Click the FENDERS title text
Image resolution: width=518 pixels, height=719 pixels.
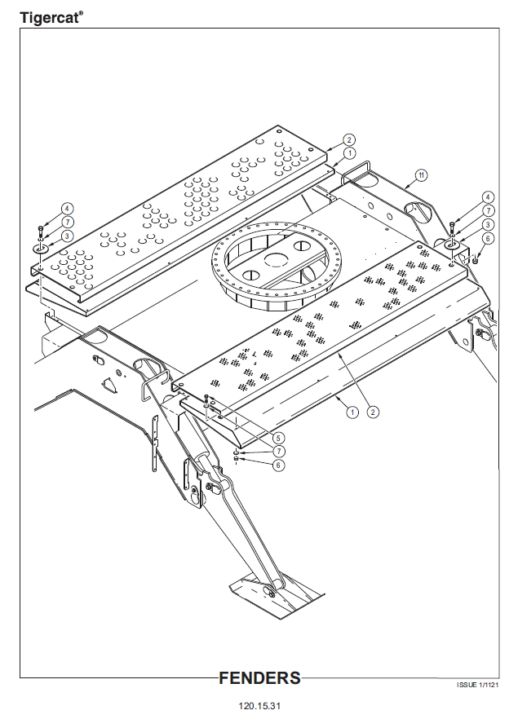[x=259, y=678]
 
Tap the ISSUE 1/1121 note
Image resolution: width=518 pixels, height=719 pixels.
[x=477, y=686]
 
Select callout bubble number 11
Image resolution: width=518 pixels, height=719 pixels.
[x=421, y=174]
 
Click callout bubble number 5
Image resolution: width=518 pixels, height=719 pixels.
[x=279, y=437]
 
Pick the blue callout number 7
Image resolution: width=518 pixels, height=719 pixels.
[x=279, y=451]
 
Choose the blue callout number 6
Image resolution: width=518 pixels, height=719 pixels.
[x=279, y=465]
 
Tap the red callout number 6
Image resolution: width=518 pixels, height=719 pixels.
[x=488, y=238]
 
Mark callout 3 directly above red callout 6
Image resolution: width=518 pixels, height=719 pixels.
[x=488, y=224]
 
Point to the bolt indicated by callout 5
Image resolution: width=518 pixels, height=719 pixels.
[x=207, y=399]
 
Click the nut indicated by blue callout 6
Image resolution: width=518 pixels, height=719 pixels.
[x=237, y=460]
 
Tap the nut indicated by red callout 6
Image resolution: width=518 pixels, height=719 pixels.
[x=473, y=259]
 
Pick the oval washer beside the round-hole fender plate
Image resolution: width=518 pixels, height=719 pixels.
[x=40, y=248]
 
